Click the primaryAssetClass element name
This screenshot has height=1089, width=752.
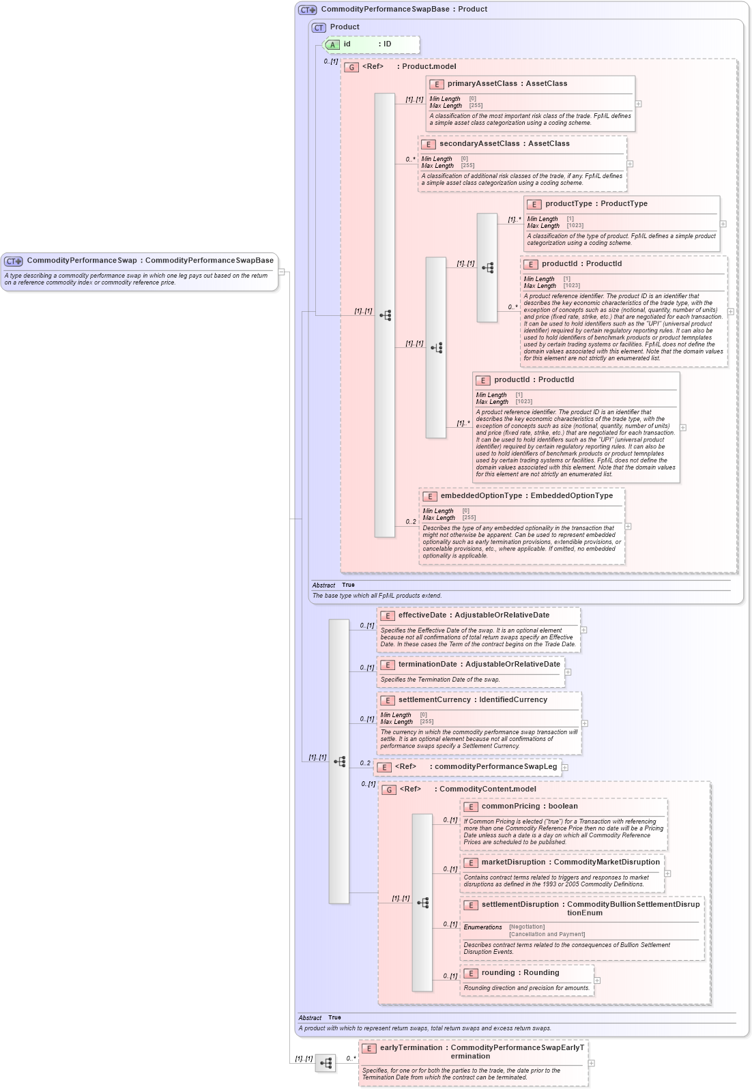click(x=482, y=84)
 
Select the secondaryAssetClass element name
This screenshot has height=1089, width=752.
click(x=479, y=144)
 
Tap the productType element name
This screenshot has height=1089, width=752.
click(x=568, y=204)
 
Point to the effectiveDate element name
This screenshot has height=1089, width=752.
click(x=422, y=615)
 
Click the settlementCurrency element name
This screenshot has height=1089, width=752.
click(x=434, y=700)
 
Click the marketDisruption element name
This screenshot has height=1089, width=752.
click(x=514, y=862)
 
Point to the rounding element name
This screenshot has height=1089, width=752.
click(x=498, y=973)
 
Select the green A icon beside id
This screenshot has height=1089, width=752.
click(x=332, y=44)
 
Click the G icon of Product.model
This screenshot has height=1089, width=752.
click(x=351, y=67)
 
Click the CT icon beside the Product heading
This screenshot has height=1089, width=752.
click(x=319, y=27)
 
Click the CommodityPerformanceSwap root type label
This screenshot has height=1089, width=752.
click(x=81, y=261)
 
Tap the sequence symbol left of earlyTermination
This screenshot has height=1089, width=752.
click(x=326, y=1063)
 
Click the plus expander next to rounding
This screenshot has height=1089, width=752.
click(x=597, y=981)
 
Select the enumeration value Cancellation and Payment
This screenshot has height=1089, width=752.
click(x=547, y=934)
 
